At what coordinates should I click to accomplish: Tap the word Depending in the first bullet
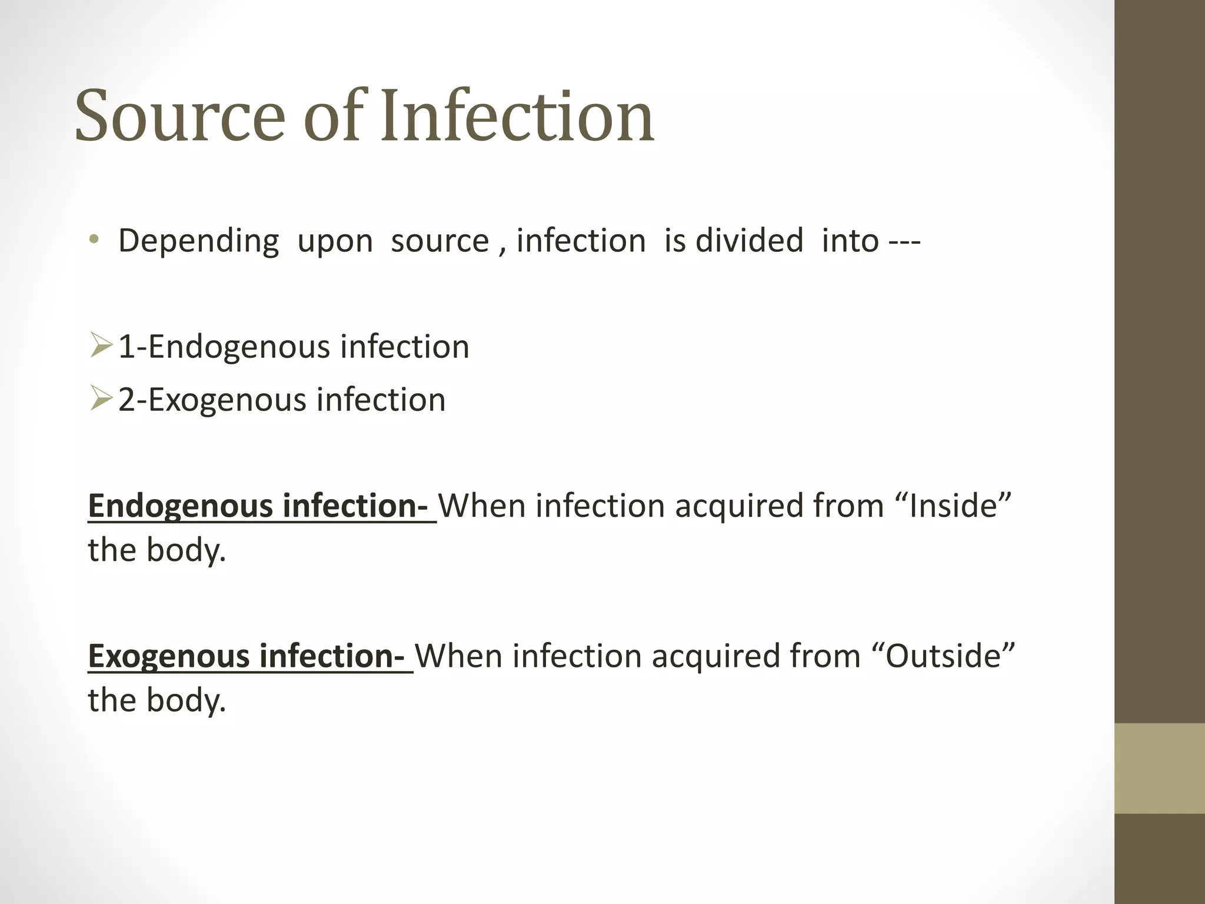point(198,241)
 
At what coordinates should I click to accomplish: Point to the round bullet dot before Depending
point(94,240)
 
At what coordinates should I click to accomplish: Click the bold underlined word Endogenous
point(180,506)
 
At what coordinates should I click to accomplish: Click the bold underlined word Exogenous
point(168,656)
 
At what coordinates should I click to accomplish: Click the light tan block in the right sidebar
point(1159,768)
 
